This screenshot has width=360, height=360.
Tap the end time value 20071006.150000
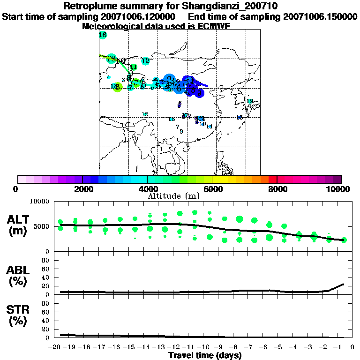pos(321,16)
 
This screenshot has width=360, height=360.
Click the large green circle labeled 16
pos(103,35)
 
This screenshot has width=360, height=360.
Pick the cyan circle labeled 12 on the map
pos(145,61)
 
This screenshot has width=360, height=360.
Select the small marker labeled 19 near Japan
pos(250,101)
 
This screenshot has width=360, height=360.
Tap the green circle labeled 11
pos(134,67)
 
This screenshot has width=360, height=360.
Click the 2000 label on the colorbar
pos(82,189)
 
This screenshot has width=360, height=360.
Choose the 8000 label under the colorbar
pos(277,189)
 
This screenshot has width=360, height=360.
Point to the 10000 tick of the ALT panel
pos(40,202)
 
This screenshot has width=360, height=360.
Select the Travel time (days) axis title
pos(205,355)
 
